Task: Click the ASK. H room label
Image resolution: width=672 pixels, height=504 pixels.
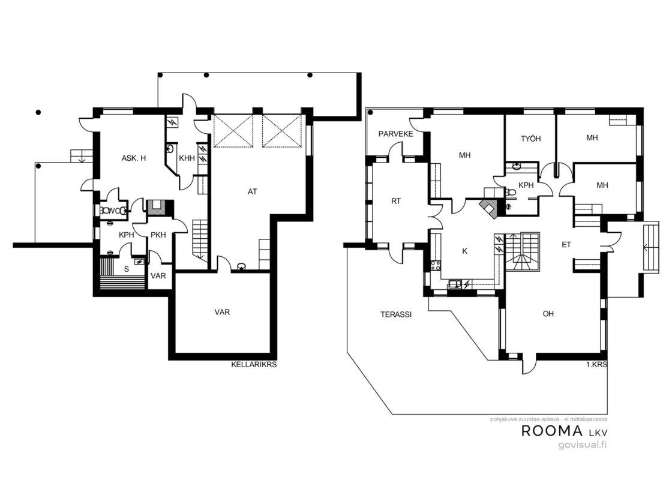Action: tap(134, 158)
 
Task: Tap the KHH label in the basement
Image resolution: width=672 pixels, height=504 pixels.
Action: tap(187, 158)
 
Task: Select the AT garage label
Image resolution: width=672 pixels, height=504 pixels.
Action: tap(253, 191)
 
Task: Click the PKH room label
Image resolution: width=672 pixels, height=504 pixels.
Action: tap(158, 235)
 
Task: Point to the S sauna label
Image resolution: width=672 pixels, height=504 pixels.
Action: tap(127, 269)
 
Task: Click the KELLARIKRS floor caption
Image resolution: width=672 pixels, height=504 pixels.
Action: tap(254, 365)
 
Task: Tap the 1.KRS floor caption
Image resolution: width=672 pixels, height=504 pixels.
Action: tap(596, 365)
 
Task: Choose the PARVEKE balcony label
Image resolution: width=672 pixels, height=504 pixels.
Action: tap(395, 134)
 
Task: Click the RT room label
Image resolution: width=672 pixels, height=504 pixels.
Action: tap(395, 200)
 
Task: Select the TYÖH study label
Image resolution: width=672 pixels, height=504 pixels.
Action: tap(530, 139)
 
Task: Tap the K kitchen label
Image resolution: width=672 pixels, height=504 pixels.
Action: tap(464, 251)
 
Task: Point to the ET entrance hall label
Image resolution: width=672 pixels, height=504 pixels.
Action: tap(566, 245)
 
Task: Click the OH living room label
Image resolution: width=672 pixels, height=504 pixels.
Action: tap(548, 314)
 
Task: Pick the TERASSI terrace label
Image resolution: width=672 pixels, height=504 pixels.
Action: tap(396, 314)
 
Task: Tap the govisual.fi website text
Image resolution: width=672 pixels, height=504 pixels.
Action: tap(583, 445)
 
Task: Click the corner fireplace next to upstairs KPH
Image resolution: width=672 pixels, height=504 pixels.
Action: tap(488, 208)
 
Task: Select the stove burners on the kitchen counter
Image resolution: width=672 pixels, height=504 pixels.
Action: tap(436, 265)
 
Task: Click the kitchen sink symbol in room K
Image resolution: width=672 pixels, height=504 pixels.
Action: tap(455, 284)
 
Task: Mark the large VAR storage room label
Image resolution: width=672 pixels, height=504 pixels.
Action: tap(222, 312)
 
